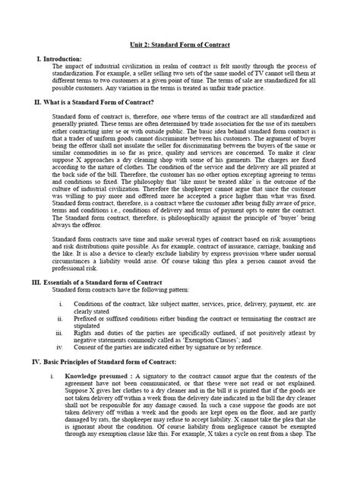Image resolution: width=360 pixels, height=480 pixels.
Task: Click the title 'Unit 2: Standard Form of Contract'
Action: pyautogui.click(x=179, y=45)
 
